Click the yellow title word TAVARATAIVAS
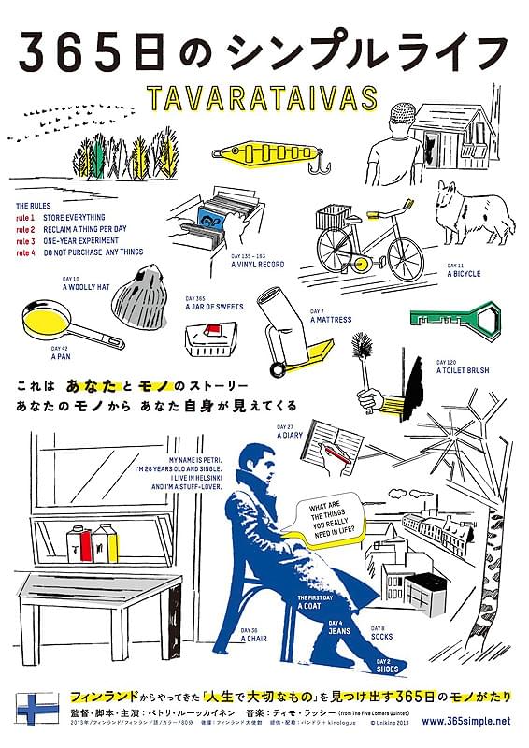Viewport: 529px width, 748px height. tap(264, 97)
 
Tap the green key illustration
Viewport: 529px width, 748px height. tap(449, 315)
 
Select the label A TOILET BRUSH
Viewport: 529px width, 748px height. tap(462, 370)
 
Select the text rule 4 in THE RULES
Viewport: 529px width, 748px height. tap(25, 251)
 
